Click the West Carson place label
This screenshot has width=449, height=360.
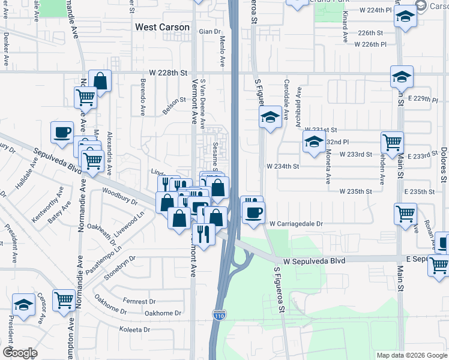162,27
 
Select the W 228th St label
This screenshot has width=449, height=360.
169,72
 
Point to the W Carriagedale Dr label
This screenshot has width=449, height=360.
296,223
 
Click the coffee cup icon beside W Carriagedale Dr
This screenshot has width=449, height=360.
253,212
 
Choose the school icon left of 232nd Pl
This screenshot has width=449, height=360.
313,143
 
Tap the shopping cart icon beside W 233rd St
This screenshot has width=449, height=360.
392,143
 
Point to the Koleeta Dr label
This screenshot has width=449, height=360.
134,330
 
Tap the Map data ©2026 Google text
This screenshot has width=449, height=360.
412,355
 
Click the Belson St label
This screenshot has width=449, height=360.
175,106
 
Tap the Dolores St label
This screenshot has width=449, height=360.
443,164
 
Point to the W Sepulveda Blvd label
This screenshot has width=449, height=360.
315,262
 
